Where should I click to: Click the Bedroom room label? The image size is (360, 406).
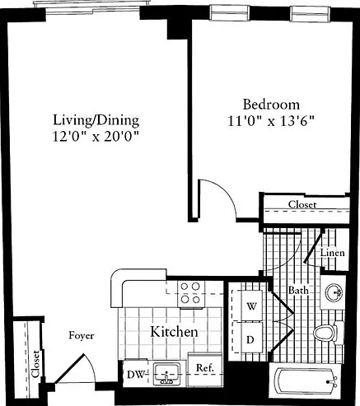271,105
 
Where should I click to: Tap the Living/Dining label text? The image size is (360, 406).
96,120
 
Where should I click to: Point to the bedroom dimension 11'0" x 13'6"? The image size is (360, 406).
271,121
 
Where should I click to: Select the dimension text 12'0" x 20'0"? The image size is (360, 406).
96,137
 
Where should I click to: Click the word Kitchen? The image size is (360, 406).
174,332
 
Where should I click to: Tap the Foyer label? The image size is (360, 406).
82,336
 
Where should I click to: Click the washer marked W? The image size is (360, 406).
251,306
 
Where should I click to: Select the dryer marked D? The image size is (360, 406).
250,338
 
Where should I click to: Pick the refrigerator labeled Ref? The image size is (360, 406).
205,369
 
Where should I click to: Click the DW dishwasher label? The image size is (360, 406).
136,375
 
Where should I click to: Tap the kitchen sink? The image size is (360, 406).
166,374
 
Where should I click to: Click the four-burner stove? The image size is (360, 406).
191,294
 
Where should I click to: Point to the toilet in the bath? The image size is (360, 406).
328,334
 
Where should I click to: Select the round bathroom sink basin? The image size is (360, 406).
334,292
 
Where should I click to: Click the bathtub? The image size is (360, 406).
306,382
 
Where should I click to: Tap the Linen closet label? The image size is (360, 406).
332,253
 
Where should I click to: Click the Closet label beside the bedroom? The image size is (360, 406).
302,204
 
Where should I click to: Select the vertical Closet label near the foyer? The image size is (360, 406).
36,364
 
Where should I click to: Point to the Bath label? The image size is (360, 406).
298,290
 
